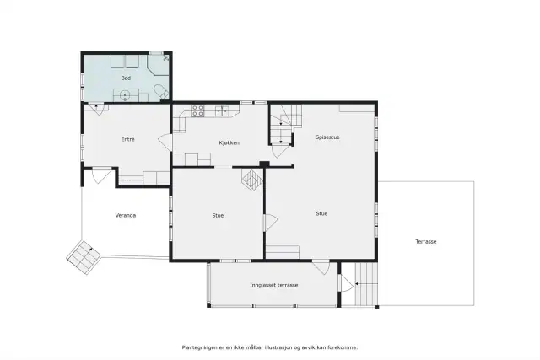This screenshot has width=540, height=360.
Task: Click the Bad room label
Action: tap(126, 78)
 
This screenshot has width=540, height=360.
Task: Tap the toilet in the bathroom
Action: tap(161, 92)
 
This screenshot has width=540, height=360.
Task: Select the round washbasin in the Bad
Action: tap(125, 94)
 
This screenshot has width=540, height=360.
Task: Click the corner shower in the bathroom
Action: tap(158, 64)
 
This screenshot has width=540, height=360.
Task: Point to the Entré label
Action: tap(127, 139)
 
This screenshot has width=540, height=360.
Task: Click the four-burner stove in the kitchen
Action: tap(197, 110)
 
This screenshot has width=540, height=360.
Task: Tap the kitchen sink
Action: tap(222, 110)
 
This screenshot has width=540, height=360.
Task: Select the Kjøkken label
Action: tap(229, 142)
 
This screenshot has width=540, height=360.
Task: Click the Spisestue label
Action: tap(327, 137)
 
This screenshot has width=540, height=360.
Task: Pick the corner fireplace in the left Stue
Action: tap(252, 180)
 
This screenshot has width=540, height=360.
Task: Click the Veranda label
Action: tap(126, 215)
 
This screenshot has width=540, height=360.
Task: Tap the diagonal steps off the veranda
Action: tap(84, 257)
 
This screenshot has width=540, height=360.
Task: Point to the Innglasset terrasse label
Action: tap(273, 285)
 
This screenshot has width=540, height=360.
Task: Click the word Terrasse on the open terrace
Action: tap(425, 242)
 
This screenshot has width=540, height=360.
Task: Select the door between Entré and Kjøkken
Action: tap(165, 142)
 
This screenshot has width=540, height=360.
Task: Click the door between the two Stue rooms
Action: tap(271, 223)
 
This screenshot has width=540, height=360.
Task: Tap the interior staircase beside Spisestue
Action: tap(285, 124)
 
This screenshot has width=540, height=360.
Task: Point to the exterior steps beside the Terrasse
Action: tap(366, 284)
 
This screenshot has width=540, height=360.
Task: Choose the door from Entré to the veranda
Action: tap(102, 175)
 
